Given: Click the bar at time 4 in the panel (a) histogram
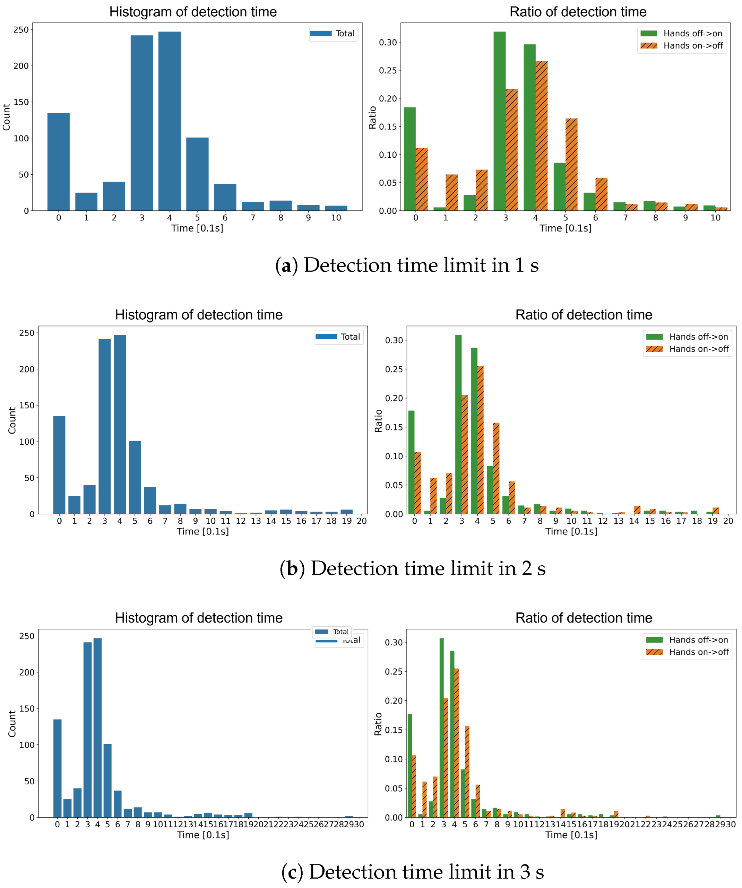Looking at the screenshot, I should pos(169,123).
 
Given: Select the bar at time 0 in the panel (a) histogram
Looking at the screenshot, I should pos(58,163).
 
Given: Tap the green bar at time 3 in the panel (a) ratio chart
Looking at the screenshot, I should pos(499,123).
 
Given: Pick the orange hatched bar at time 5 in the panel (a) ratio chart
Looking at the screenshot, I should pos(571,165).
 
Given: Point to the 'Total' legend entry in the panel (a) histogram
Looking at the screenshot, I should pos(334,33).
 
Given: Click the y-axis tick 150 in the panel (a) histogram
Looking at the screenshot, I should pos(21,102).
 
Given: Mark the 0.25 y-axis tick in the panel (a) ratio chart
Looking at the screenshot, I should pos(388,70).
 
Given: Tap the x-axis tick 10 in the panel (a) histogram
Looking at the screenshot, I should pos(336,218).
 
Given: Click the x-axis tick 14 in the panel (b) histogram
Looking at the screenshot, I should pos(271,521).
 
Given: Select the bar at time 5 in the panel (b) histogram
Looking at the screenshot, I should pos(135,478).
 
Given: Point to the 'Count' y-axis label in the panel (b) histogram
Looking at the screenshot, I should pos(12,420).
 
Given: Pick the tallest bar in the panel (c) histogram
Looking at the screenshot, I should pos(97,727).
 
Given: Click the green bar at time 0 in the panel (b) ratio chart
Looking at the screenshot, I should pos(411,463).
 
